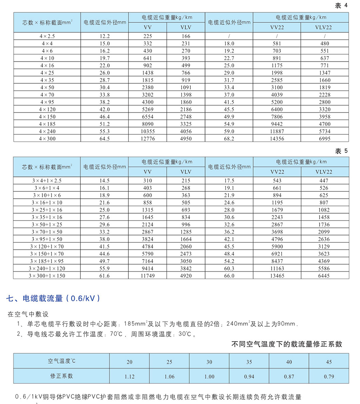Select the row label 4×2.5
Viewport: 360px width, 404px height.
[47, 36]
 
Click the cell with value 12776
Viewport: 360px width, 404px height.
[147, 139]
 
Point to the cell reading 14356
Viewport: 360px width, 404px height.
[277, 139]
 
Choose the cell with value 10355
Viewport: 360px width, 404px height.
[147, 131]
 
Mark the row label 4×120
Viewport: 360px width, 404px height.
[47, 109]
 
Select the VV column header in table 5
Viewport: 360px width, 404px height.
[147, 172]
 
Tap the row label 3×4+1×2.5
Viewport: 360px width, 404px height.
[47, 181]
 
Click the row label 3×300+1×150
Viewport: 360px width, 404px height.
[47, 275]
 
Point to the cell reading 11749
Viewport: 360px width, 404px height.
[147, 275]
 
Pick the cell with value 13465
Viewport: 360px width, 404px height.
[277, 275]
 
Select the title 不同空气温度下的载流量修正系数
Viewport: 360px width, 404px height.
[287, 344]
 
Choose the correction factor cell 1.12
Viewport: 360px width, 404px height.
[129, 376]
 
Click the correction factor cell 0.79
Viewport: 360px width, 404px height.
[329, 376]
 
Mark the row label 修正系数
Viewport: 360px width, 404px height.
[62, 376]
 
